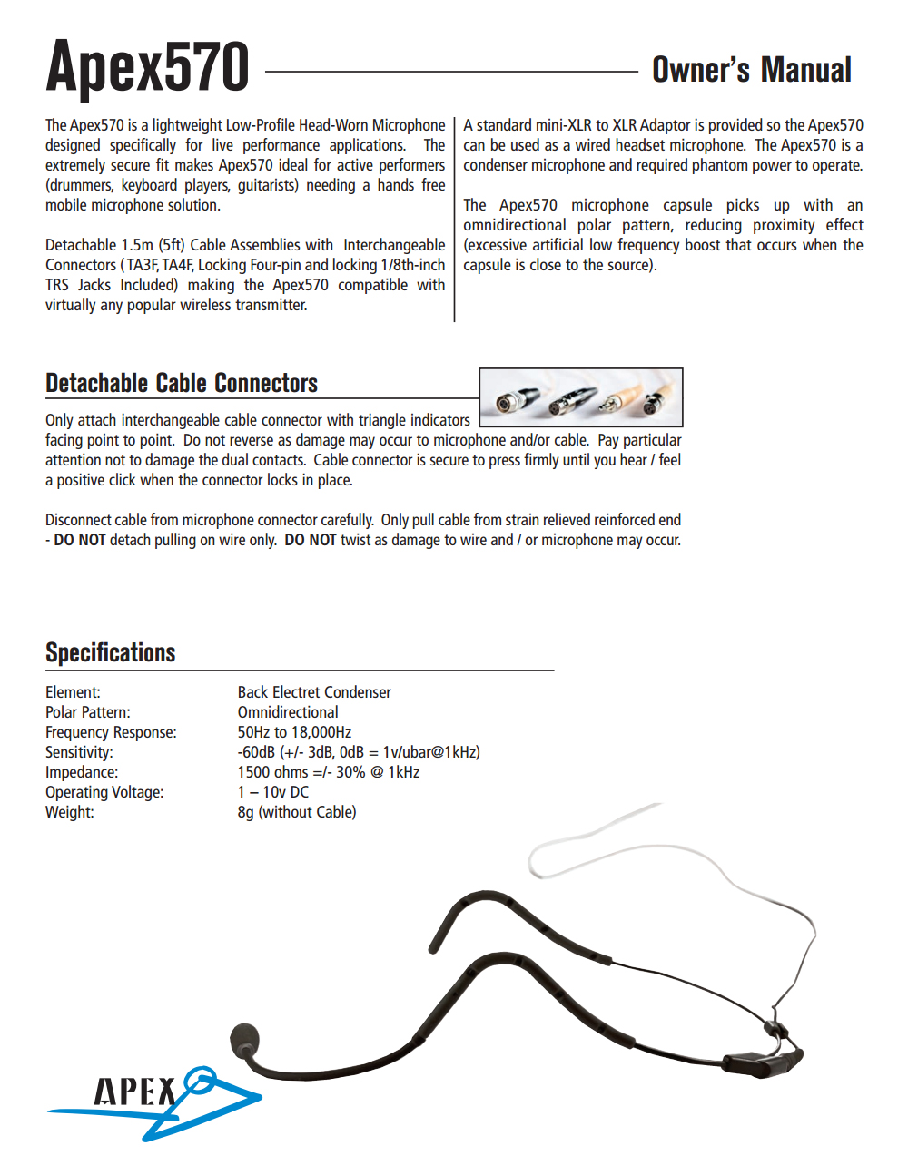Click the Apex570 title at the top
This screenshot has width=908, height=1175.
click(148, 67)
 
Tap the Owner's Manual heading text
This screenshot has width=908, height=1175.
click(752, 70)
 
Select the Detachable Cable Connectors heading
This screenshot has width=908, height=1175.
click(182, 383)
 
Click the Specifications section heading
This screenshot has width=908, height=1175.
click(111, 652)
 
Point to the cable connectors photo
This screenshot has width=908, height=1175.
click(580, 397)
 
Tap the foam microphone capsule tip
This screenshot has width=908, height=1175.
click(245, 1040)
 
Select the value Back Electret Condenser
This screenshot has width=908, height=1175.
click(314, 692)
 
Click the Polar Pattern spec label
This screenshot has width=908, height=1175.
click(88, 712)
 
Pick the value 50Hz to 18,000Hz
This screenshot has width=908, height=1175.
click(294, 732)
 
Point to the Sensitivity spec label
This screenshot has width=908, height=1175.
click(79, 752)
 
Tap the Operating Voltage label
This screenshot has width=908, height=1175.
click(104, 792)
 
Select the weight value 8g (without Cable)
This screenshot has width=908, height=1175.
click(297, 812)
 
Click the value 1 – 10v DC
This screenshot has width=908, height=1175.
click(273, 792)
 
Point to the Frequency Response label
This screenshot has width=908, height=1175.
click(111, 732)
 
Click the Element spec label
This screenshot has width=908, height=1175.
click(73, 692)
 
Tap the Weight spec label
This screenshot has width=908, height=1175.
click(70, 812)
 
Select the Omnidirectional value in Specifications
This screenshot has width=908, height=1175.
click(288, 712)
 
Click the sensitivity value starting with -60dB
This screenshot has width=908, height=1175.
click(359, 752)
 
